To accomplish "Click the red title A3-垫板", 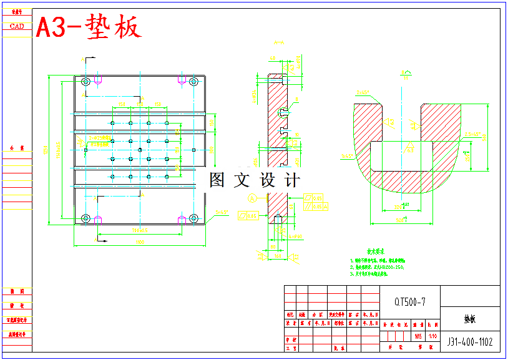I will pos(89,27).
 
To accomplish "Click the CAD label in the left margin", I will pos(17,26).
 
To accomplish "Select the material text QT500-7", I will pos(410,302).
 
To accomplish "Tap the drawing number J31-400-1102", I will pos(470,342).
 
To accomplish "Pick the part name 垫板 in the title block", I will pos(470,319).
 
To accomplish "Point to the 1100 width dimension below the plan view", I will pos(140,242).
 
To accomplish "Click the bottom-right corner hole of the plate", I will pos(193,218).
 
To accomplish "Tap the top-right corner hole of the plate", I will pos(193,82).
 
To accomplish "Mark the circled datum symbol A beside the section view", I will pos(252,198).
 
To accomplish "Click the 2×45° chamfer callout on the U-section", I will pos(362,92).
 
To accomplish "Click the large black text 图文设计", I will pos(255,181).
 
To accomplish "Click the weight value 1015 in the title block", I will pos(418,336).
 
